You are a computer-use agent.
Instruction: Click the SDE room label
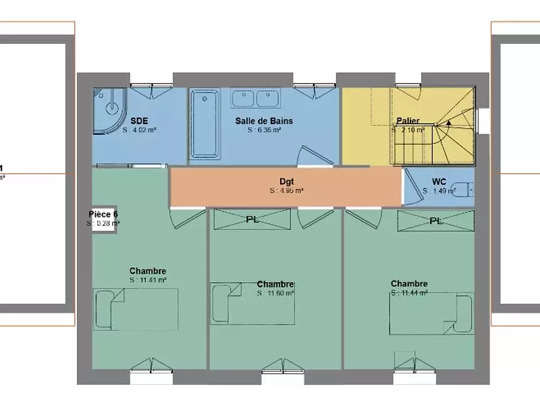click(139, 121)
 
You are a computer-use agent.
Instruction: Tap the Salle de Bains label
click(264, 121)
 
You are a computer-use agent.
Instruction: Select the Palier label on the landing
click(408, 121)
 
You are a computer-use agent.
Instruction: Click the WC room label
click(439, 182)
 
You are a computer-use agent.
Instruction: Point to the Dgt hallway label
click(286, 182)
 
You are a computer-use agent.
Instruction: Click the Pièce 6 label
click(103, 214)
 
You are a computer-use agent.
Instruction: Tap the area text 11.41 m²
click(148, 279)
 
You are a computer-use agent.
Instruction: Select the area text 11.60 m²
click(275, 293)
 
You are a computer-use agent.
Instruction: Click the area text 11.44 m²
click(409, 293)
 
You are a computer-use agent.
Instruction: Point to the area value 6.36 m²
click(264, 130)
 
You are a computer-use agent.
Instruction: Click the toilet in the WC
click(461, 190)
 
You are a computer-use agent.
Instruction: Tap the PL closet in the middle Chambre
click(252, 219)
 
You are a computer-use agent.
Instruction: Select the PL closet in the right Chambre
click(435, 221)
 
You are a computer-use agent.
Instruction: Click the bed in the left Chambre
click(135, 309)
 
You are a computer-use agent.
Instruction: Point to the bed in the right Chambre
click(431, 314)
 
